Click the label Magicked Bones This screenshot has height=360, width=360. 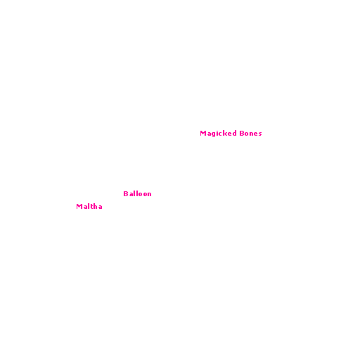[x=231, y=134]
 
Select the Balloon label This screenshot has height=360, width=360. [x=137, y=194]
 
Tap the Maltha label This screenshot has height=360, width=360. [x=89, y=206]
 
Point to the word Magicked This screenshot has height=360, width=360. [x=218, y=134]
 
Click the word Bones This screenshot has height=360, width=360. [x=250, y=134]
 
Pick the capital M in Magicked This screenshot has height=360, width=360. [x=203, y=133]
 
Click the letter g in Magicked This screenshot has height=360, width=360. [x=214, y=134]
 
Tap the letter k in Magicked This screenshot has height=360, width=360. [x=225, y=133]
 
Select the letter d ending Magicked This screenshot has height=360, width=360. [x=234, y=133]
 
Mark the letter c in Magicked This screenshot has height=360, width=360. [x=220, y=134]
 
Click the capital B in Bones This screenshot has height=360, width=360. [x=242, y=133]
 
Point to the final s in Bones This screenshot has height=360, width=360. [x=260, y=134]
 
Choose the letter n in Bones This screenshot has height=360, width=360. [x=250, y=134]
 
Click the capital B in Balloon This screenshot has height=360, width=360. [x=126, y=194]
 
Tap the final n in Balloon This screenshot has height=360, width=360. [x=149, y=195]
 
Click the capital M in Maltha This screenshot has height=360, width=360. [x=79, y=206]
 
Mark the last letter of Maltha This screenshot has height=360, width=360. [x=100, y=207]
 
